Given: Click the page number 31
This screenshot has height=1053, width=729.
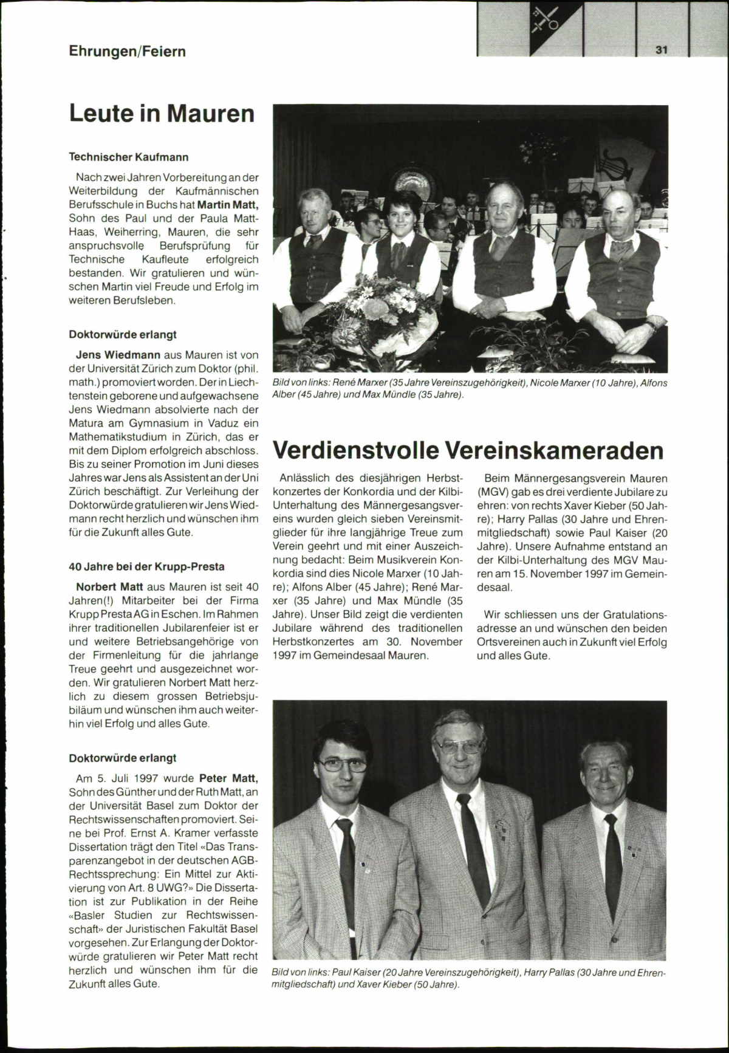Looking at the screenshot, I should pos(662,50).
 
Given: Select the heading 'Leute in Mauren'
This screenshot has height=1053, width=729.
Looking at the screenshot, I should pos(162,114).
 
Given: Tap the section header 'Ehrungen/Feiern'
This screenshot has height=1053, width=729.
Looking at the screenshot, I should pos(127,52).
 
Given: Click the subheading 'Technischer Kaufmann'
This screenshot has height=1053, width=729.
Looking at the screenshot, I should pos(129,157).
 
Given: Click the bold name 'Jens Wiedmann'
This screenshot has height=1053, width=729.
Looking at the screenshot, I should pos(118,355).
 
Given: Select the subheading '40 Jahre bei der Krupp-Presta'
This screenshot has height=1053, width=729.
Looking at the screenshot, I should pos(147,567).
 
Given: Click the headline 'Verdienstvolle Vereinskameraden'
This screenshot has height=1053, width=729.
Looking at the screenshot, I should pos(468,450).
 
